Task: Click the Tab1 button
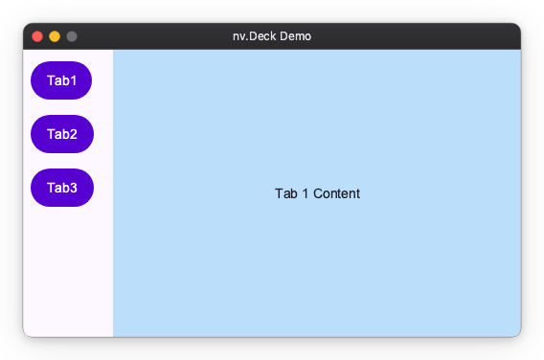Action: coord(61,80)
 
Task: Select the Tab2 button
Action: coord(61,134)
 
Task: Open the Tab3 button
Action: coord(61,188)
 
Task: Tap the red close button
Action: coord(37,36)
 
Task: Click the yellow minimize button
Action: coord(55,36)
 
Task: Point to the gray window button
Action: coord(72,36)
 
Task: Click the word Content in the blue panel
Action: coord(336,194)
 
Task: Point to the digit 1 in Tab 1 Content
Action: coord(305,194)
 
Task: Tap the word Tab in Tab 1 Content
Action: coord(285,194)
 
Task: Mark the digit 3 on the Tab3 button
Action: coord(73,188)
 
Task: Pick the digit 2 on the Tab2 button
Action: coord(73,134)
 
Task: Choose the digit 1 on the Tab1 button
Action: coord(73,80)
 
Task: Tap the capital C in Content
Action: coord(317,194)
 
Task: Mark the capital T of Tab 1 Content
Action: coord(279,194)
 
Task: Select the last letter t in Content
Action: coord(357,194)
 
